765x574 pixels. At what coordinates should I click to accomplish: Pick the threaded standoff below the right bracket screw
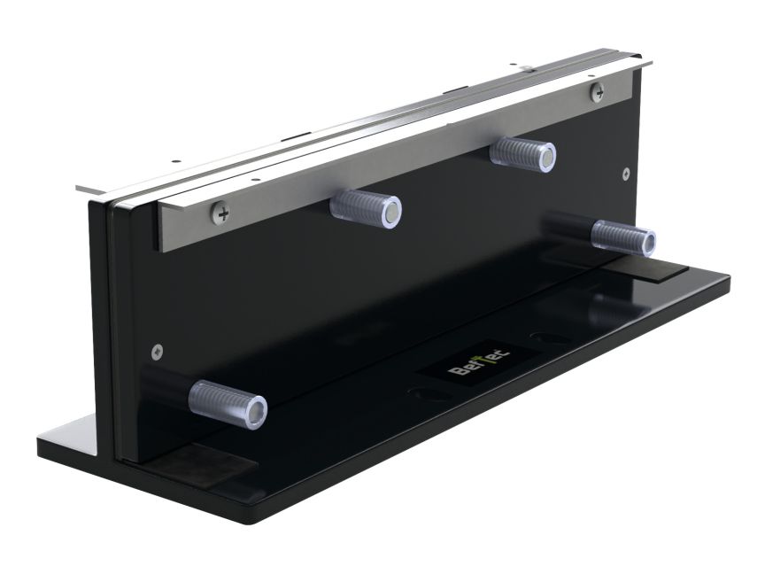coord(522,154)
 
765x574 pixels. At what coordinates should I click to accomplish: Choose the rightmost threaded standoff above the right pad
coord(623,237)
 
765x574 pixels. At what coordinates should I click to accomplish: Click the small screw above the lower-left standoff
coord(158,349)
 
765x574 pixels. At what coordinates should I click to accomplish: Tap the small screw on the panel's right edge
coord(627,174)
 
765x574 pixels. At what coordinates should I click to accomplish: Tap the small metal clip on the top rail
coord(524,67)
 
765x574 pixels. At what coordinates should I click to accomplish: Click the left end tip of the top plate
coord(78,188)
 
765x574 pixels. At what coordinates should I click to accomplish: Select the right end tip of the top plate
coord(652,62)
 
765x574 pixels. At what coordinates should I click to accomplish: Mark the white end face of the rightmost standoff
coord(647,242)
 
